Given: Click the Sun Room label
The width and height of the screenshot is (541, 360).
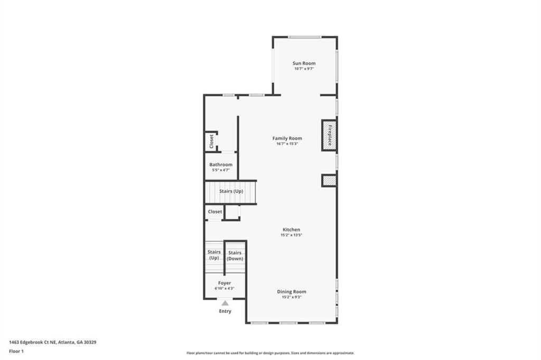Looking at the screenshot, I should click(304, 63).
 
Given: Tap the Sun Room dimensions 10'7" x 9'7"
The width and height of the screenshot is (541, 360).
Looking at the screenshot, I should click(304, 69).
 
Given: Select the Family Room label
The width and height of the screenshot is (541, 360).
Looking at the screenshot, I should click(287, 139).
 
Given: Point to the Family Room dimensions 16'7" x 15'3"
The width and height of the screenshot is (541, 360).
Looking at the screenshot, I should click(287, 144).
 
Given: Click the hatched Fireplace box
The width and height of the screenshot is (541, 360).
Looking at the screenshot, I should click(329, 135).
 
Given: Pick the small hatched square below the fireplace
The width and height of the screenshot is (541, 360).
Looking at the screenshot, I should click(329, 181).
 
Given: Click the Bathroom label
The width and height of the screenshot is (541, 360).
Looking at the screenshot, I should click(221, 165).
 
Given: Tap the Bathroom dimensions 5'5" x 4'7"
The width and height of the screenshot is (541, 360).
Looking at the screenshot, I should click(221, 170).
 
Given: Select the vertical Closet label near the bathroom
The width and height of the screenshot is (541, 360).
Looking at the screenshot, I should click(211, 141).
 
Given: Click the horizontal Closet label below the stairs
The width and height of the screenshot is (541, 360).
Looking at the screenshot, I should click(215, 211).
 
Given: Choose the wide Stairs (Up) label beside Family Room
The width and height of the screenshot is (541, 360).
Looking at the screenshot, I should click(231, 191).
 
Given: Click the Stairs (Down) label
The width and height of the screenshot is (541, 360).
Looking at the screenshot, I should click(235, 256).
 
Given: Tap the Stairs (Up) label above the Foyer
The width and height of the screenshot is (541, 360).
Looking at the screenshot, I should click(214, 255).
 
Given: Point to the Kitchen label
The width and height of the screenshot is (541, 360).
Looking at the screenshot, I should click(291, 230).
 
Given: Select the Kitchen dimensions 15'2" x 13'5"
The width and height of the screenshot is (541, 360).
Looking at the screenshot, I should click(291, 235).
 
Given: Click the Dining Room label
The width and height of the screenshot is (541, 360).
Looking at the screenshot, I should click(292, 292).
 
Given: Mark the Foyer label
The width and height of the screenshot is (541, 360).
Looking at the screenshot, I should click(225, 283).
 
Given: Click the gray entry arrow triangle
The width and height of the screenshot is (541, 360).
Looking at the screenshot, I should click(225, 303).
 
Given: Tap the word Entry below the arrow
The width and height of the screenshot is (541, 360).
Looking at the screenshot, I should click(225, 311).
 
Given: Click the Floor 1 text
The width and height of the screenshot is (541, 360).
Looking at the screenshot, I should click(16, 351).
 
